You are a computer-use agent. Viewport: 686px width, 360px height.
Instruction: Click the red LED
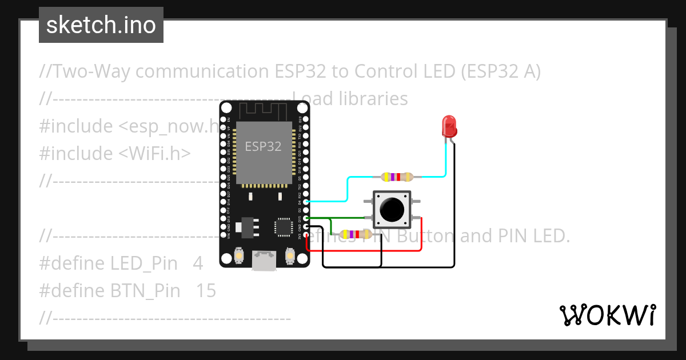click(449, 125)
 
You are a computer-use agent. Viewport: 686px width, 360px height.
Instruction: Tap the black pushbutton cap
click(392, 210)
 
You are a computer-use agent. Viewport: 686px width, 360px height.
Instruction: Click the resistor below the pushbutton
click(355, 234)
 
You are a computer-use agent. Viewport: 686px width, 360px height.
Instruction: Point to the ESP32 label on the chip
click(263, 146)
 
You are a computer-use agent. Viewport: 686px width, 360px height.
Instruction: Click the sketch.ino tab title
click(101, 25)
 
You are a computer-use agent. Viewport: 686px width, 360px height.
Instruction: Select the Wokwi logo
click(607, 315)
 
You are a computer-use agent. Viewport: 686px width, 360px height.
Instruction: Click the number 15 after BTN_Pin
click(206, 291)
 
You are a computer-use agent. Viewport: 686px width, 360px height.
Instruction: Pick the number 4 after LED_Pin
click(198, 263)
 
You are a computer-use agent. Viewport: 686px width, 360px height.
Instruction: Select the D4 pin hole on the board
click(306, 202)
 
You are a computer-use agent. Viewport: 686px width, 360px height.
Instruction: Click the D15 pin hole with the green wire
click(306, 218)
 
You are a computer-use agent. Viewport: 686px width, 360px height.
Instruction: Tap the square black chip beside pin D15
click(284, 226)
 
